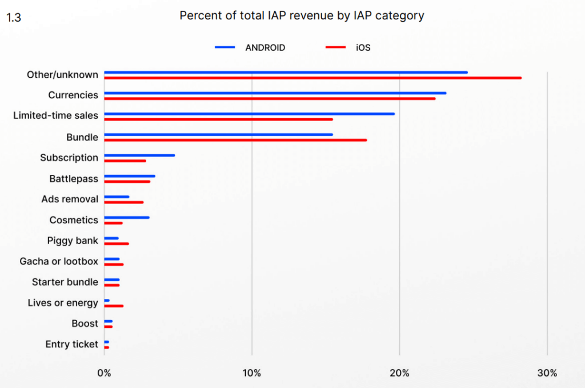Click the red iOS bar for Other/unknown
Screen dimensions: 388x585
(x=312, y=78)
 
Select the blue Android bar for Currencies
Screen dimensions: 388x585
(x=275, y=93)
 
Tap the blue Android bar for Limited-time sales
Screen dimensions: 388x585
(x=249, y=114)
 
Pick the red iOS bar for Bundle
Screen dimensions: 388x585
(x=235, y=140)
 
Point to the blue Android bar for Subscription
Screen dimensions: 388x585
(x=139, y=155)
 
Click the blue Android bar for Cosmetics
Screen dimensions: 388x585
(x=127, y=218)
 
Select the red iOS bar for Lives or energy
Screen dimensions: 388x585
(x=114, y=306)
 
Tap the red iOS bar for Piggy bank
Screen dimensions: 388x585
(x=117, y=244)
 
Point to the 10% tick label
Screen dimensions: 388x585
(x=252, y=373)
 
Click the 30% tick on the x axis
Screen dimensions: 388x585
(x=547, y=373)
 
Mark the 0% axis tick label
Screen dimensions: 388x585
(x=104, y=373)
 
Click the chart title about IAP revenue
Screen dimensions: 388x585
(x=302, y=15)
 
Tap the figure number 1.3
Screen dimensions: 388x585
(x=14, y=18)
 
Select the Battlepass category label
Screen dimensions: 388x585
(x=74, y=179)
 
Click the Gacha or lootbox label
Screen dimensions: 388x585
(x=59, y=262)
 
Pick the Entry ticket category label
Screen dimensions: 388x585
(x=72, y=344)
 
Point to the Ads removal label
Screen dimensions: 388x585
(x=70, y=199)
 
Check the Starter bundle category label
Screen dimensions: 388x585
(x=65, y=282)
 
